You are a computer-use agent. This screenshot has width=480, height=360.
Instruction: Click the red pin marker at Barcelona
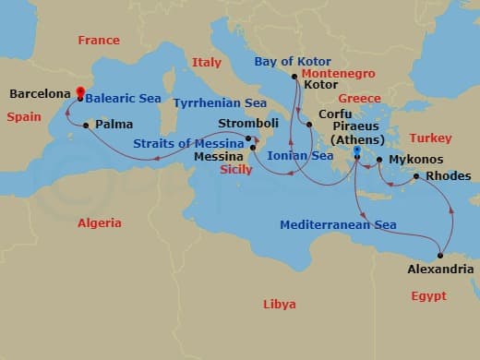80,92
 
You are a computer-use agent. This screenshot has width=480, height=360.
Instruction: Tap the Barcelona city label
40,93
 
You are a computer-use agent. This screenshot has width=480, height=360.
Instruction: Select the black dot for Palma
86,125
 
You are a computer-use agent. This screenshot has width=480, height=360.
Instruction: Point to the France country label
99,41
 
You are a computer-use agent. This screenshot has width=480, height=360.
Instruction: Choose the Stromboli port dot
248,139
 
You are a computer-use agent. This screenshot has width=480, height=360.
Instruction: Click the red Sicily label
236,170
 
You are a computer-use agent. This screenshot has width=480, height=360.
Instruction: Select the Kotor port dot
294,77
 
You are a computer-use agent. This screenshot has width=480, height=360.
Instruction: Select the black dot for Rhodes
417,176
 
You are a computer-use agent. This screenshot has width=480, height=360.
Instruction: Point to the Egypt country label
428,296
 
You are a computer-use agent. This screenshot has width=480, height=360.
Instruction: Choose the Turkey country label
430,138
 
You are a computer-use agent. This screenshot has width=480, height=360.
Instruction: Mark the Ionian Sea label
300,156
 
